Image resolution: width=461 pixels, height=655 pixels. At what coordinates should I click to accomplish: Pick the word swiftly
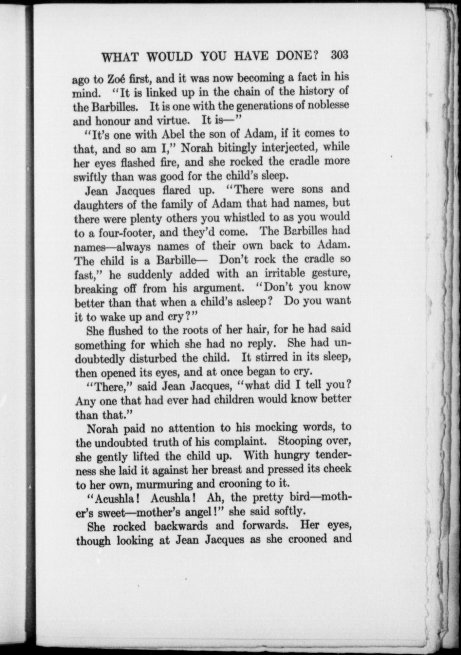pos(90,178)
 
